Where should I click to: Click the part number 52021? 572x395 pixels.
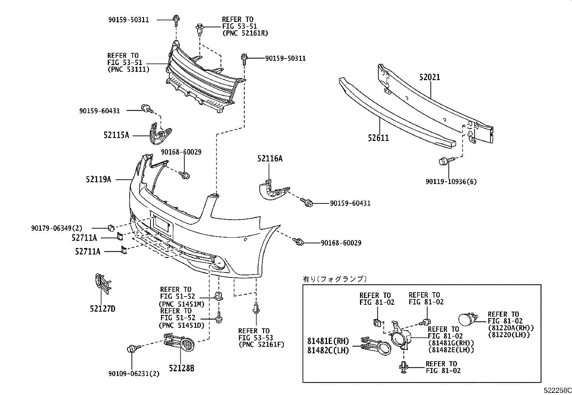point(429,77)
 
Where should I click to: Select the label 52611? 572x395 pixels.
point(378,138)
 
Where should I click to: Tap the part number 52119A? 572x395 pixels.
point(98,179)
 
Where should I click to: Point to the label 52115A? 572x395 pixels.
point(116,135)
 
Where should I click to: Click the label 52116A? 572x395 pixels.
point(269,158)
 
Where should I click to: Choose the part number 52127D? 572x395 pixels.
point(102,308)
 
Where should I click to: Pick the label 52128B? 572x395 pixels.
point(181,368)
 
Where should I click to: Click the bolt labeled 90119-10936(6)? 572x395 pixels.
point(443,161)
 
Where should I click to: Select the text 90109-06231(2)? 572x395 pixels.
point(134,374)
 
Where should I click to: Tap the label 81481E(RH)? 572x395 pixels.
point(328,341)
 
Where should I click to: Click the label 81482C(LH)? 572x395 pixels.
point(328,350)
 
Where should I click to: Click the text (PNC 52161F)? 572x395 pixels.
point(261,344)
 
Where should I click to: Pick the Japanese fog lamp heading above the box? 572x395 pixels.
point(335,279)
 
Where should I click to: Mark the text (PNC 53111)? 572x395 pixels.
point(128,69)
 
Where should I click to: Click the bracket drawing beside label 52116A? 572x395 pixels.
point(274,191)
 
